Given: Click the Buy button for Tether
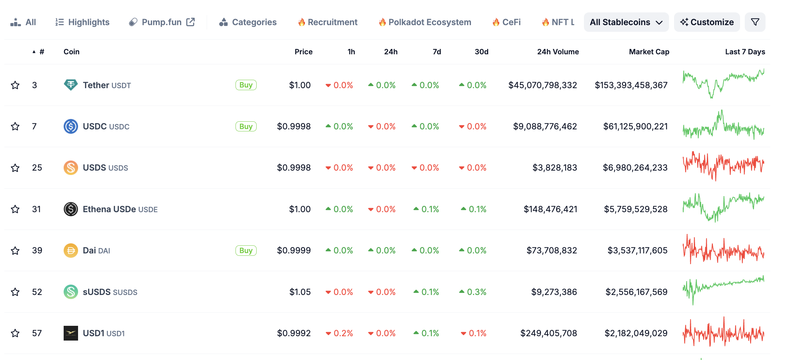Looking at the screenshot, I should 246,85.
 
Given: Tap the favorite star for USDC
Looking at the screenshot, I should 15,126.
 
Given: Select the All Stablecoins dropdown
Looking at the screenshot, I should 626,22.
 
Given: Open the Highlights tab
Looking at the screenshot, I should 82,22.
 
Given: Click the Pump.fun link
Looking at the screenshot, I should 162,22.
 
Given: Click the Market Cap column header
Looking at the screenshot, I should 649,52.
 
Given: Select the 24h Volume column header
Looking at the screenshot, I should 558,52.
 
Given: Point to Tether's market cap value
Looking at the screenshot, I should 631,85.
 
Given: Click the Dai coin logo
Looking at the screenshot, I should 71,250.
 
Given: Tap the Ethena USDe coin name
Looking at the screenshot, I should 109,209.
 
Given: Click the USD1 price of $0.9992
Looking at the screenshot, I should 294,333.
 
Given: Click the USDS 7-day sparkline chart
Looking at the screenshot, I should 723,167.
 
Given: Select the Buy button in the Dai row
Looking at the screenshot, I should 246,250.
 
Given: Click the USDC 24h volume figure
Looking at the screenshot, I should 545,126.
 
